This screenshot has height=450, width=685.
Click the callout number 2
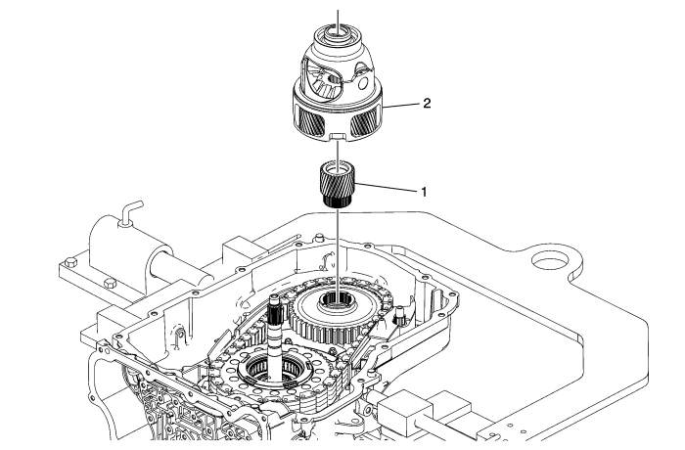[x=427, y=102]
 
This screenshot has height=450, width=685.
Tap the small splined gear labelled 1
[x=339, y=180]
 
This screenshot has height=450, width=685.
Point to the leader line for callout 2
[x=403, y=105]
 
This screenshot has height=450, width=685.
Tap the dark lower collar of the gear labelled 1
[x=339, y=201]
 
